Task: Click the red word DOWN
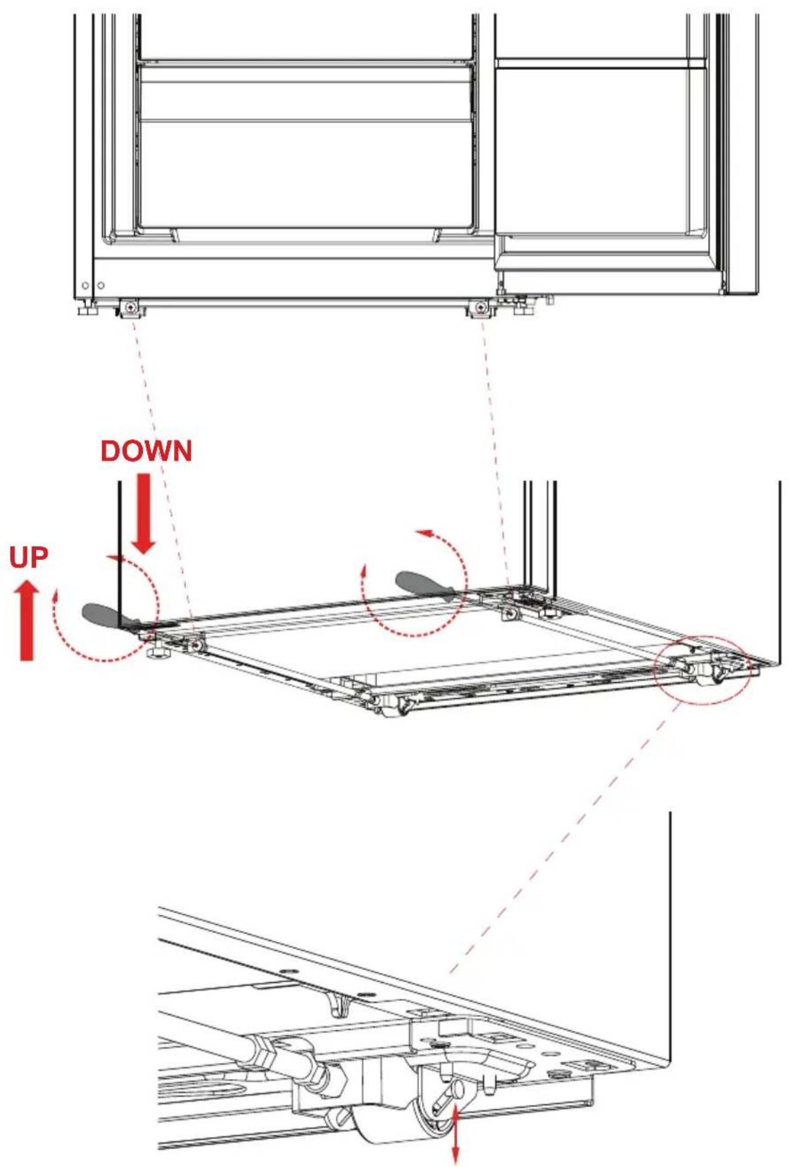click(x=146, y=452)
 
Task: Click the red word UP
click(x=29, y=558)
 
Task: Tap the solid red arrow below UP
click(x=26, y=620)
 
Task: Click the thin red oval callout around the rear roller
click(x=703, y=667)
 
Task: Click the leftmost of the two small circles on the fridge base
click(x=85, y=286)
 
